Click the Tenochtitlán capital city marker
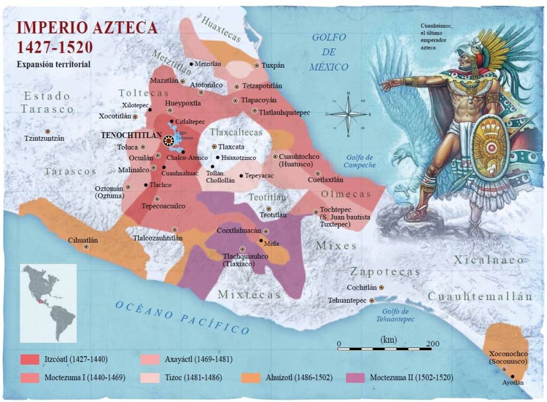[x=169, y=140]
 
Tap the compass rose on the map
[x=348, y=114]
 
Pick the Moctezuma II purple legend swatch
[x=355, y=377]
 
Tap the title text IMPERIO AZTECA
[x=87, y=28]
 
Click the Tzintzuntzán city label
[x=44, y=139]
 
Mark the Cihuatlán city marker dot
[x=87, y=247]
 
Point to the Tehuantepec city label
[x=347, y=300]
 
